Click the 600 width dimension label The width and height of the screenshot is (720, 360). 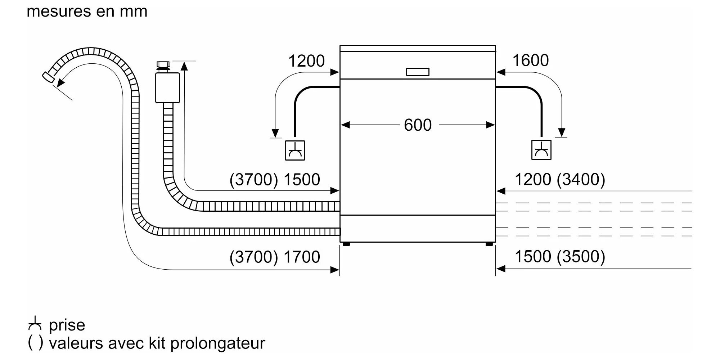418,125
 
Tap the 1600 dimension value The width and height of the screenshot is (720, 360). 530,60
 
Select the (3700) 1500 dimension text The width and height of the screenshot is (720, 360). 275,179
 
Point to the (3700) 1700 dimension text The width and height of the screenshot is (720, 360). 275,257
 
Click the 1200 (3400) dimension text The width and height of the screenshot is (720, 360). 560,179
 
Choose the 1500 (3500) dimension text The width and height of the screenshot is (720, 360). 560,256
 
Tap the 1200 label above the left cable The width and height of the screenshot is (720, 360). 306,61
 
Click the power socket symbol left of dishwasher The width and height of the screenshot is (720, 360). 295,150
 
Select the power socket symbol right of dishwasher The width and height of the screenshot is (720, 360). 541,150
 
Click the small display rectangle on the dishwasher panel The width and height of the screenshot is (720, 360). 418,72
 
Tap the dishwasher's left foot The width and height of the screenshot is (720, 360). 346,244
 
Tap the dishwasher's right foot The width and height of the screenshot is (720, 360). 489,244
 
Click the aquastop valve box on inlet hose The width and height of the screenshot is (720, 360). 167,88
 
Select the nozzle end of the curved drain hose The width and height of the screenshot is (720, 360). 48,77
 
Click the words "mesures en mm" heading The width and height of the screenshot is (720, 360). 87,12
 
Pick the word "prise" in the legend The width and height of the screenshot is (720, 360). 67,325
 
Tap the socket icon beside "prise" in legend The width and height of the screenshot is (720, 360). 35,323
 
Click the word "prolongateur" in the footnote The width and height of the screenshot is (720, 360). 218,343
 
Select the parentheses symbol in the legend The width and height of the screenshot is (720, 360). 35,343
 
